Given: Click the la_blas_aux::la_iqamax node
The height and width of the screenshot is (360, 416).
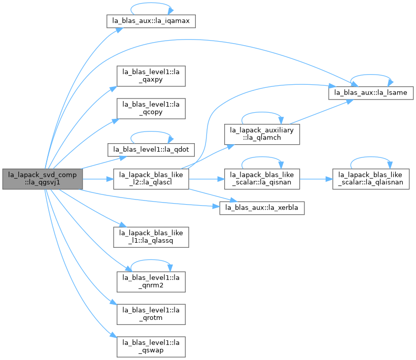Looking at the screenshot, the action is tap(151, 21).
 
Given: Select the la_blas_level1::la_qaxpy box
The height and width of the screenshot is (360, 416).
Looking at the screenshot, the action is tap(151, 76).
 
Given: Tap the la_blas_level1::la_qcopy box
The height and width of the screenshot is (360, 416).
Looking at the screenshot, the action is tap(151, 109).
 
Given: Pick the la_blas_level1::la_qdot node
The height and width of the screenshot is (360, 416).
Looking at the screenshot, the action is tap(151, 150).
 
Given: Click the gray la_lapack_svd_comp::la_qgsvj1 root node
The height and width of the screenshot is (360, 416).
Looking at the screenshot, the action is tap(43, 179).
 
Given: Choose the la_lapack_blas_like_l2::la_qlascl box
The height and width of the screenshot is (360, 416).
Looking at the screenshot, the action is tap(151, 179).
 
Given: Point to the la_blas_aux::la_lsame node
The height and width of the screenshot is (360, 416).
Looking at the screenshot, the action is tap(371, 93).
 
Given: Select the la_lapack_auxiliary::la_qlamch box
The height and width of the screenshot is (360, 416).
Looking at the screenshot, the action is tap(262, 135).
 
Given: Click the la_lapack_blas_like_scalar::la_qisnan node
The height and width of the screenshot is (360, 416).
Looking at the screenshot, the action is tap(262, 179).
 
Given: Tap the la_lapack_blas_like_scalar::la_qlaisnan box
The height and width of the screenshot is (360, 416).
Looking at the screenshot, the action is tap(371, 179).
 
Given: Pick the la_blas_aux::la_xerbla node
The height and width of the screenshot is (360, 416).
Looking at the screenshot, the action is tap(262, 208).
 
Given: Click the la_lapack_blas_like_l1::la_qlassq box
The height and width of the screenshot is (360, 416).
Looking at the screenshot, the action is tap(151, 237).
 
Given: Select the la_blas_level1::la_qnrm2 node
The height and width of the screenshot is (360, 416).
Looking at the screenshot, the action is tap(151, 282).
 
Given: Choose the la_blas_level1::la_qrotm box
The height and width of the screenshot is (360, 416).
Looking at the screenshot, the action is tap(151, 314).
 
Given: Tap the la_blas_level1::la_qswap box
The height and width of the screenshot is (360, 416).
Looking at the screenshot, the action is tap(151, 347).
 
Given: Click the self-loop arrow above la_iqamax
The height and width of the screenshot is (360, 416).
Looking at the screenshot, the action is tap(151, 3).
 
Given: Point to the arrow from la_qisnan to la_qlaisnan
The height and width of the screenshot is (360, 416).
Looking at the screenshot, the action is tap(316, 179).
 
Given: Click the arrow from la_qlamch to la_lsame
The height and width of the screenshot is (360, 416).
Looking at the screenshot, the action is tap(321, 112).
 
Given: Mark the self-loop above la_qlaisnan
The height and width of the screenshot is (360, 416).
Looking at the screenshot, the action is tap(371, 157).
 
